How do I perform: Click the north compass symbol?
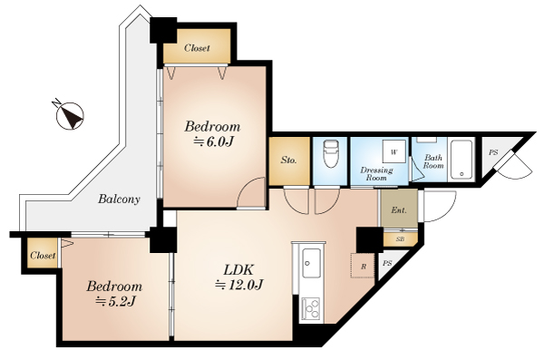coord(70,115)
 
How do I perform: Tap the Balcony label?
coord(119,199)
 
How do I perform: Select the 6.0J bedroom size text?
coord(212,142)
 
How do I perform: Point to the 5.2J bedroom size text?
coord(115,302)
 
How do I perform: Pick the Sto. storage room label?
coord(288,161)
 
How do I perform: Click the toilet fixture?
coord(331,154)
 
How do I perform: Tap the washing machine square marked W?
coord(394,151)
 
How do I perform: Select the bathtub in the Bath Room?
coord(461,159)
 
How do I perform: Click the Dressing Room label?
coord(376,174)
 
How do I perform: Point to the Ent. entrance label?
coord(399,210)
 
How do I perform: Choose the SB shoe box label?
coord(400,239)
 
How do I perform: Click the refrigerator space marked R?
coord(363,266)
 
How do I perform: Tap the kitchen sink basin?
coord(311,263)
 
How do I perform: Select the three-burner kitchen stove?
coord(311,309)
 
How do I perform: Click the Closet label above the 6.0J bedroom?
coord(197,48)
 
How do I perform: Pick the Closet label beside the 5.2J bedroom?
coord(43,256)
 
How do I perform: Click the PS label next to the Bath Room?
coord(493,152)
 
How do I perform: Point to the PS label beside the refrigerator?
coord(387,264)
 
